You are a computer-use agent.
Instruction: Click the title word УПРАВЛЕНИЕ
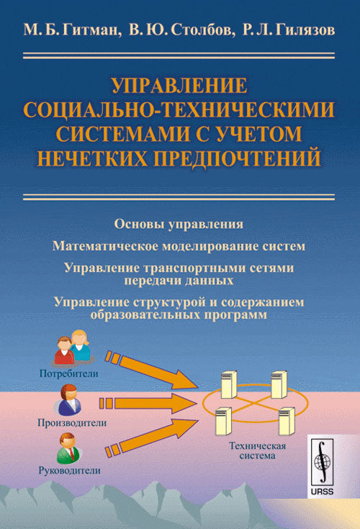(x=179, y=85)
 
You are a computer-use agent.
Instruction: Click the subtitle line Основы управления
(x=179, y=224)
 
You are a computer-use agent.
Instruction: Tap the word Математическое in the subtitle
(x=105, y=246)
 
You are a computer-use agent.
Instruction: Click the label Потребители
(x=69, y=374)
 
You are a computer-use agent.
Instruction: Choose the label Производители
(x=72, y=422)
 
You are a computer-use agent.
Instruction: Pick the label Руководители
(x=70, y=470)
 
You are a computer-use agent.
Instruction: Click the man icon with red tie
(x=68, y=448)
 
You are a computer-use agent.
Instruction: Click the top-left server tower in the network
(x=230, y=385)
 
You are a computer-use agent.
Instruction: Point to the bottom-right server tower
(x=287, y=421)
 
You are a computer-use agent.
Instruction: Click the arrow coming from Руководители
(x=151, y=438)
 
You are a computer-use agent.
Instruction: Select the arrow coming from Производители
(x=148, y=403)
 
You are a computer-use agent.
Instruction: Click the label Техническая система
(x=258, y=451)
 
